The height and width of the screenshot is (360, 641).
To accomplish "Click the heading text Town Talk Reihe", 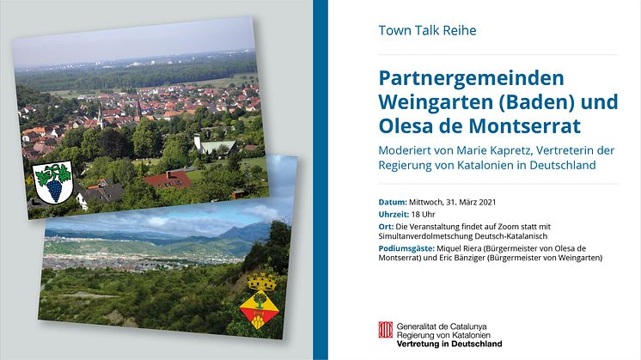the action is coord(427,31).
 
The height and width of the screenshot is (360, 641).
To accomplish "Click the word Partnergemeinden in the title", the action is coord(472,79).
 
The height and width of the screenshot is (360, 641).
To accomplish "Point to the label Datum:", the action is coord(393,202).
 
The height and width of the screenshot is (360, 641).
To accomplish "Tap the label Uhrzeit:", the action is coord(394,215).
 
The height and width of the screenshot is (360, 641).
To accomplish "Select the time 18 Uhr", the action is coord(423,215).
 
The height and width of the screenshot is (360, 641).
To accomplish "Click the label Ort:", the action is coord(386,227).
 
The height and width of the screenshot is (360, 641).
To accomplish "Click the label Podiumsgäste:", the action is coord(406,248).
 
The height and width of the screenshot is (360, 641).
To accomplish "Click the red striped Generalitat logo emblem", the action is coord(386,330).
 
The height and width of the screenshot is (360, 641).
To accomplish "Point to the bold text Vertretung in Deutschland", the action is coord(449,344).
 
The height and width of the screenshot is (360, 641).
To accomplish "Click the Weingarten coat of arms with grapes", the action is coord(53,182).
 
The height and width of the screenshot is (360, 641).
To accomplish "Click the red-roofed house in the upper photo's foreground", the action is coord(169,180).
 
